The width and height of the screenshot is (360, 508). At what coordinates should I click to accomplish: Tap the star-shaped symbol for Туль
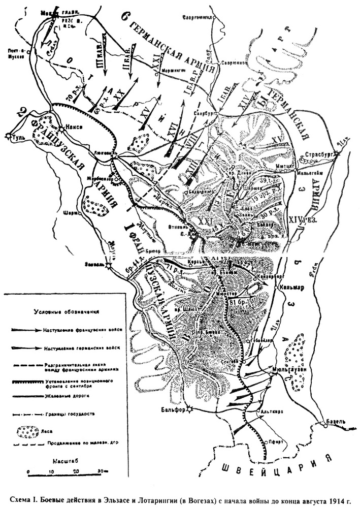click(x=9, y=135)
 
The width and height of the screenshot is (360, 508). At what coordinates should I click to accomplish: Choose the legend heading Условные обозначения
click(x=66, y=311)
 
